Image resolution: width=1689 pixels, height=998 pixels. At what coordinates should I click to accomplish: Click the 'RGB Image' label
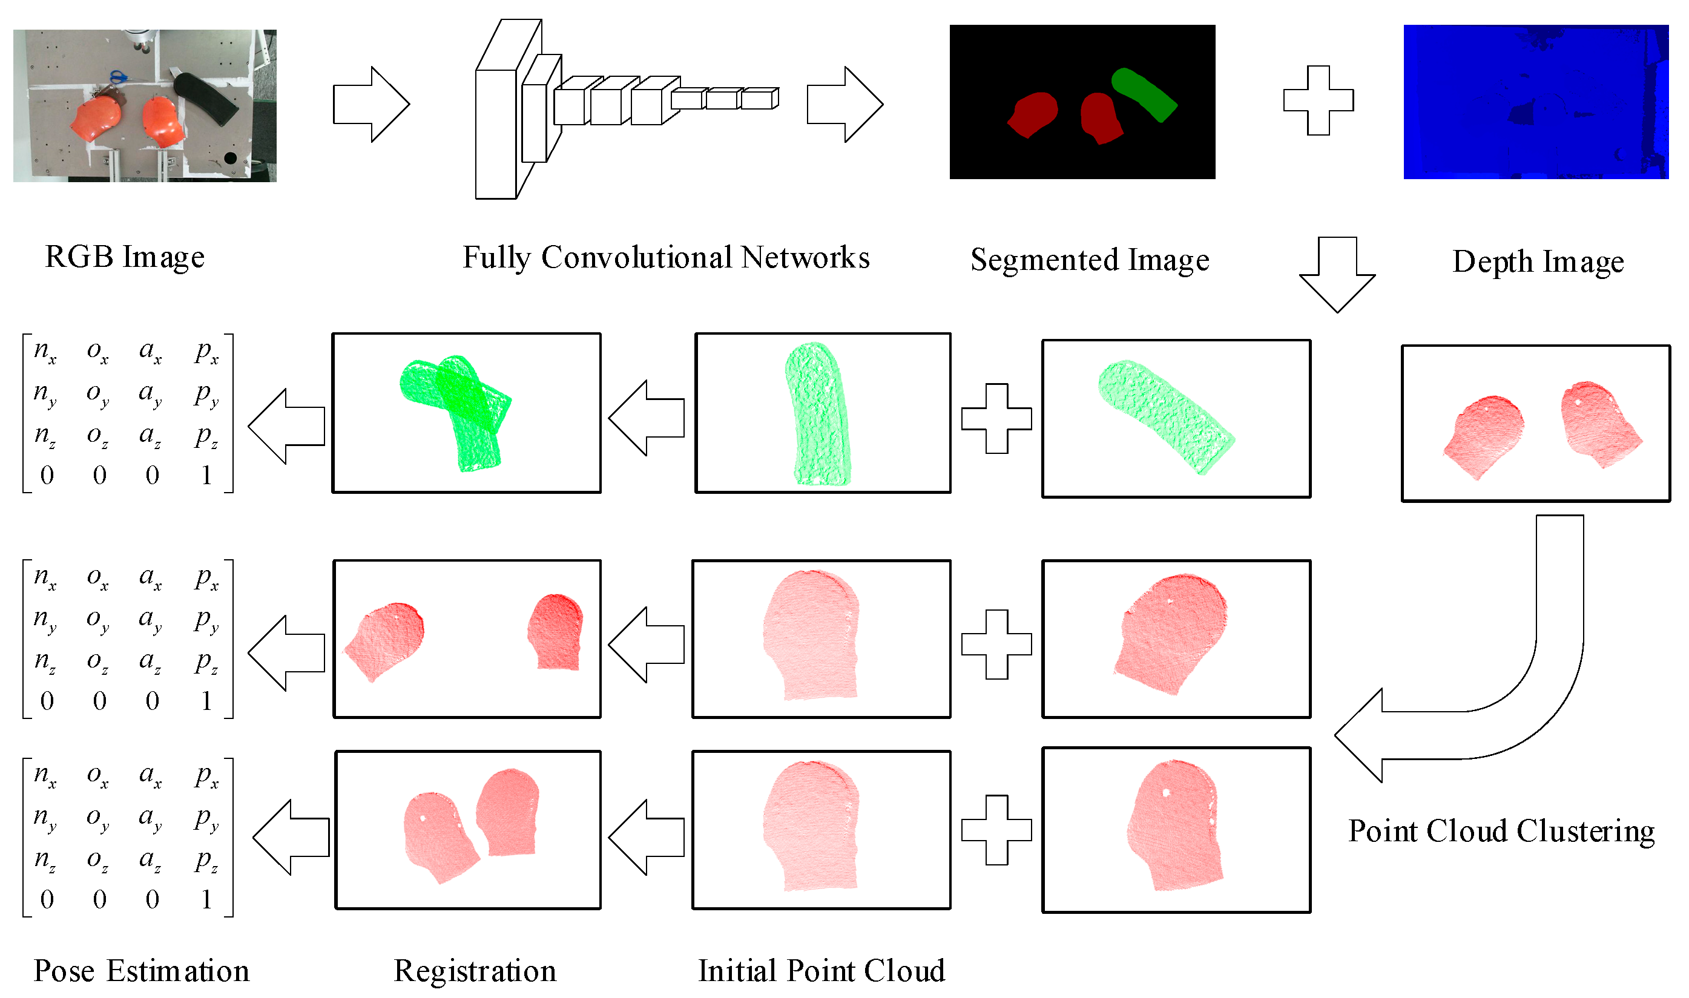coord(125,257)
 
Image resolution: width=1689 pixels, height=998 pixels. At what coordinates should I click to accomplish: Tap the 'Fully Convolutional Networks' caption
coord(666,258)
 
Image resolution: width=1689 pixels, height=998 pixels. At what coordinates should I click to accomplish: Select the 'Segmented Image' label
coord(1090,260)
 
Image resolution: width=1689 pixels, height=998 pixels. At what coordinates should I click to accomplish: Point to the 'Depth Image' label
coord(1538,261)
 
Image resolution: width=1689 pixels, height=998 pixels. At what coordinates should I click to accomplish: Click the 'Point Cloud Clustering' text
coord(1501,831)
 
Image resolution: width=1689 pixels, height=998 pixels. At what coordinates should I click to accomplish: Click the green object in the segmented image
coord(1144,94)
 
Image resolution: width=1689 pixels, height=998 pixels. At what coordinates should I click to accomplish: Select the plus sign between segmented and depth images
coord(1319,100)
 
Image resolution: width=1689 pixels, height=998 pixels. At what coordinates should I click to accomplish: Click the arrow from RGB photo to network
coord(370,104)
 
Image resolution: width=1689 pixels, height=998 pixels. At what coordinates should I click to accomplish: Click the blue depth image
coord(1536,102)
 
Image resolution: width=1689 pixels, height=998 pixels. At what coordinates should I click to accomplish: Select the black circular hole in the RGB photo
coord(230,158)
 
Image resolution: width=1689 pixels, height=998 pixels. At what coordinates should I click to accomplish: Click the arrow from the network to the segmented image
coord(844,104)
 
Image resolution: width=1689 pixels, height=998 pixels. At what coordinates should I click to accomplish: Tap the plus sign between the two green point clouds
coord(996,418)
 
